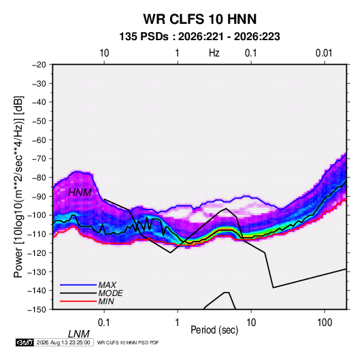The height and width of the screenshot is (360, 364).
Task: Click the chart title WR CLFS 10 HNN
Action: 200,19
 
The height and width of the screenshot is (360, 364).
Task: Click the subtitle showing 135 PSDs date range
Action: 199,37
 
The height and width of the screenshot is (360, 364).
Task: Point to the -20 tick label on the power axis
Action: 39,65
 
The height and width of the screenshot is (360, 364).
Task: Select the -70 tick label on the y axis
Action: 39,159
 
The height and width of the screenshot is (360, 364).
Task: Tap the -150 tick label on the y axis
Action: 37,309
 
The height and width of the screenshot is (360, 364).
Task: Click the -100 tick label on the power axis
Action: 37,215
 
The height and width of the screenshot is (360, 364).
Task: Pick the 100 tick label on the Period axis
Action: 325,323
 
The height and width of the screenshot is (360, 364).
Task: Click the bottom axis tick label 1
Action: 178,323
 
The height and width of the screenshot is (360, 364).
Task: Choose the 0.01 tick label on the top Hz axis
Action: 324,53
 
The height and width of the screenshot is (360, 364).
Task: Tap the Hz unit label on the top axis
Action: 214,53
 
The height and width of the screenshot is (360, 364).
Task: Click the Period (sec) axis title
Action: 214,330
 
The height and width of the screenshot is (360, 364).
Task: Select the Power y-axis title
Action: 18,187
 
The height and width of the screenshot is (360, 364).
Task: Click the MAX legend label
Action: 107,284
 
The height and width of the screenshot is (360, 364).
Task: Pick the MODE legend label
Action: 110,293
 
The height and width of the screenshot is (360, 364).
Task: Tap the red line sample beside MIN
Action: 78,301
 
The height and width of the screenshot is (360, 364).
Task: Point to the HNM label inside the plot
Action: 80,193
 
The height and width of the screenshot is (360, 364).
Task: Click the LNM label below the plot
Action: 79,334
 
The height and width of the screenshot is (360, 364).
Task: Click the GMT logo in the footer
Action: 25,342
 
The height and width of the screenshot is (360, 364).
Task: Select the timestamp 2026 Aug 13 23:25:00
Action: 63,342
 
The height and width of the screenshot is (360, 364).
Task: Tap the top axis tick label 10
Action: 104,53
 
